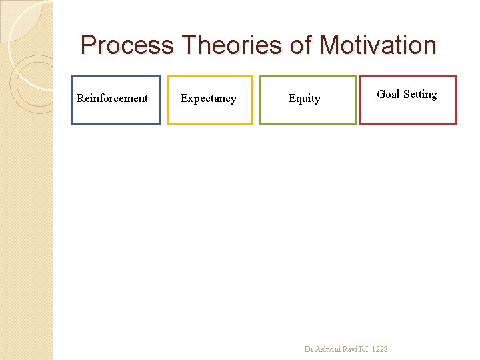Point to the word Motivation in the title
coord(378,46)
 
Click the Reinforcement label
coord(112,99)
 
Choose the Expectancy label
coord(208,99)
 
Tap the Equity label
coord(304,99)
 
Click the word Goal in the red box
coord(388,95)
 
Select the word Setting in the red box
coord(419,95)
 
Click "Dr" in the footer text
coord(308,349)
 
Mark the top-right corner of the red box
coord(456,77)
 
